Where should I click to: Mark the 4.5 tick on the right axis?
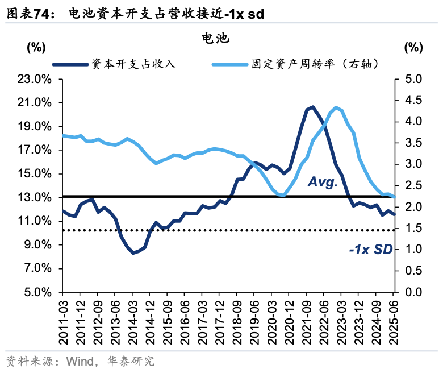pos(414,101)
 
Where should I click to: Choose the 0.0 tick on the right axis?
pos(414,292)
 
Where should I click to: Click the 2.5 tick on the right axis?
pos(414,186)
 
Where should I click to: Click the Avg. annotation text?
pos(323,182)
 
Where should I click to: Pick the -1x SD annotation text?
pos(370,248)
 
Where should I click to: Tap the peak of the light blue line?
pos(336,107)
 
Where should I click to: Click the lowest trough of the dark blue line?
pos(133,252)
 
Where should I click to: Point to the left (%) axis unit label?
pos(36,48)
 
